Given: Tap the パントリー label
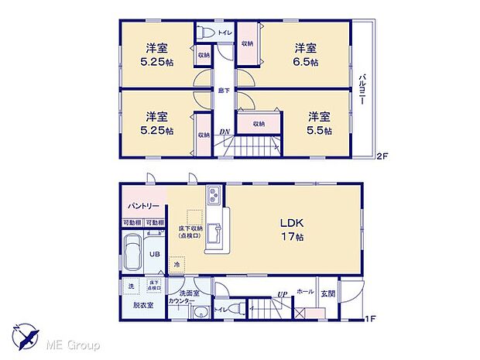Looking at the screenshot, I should pyautogui.click(x=142, y=207).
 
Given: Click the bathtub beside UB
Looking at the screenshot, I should pyautogui.click(x=132, y=253).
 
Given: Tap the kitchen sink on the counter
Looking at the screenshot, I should pyautogui.click(x=217, y=231).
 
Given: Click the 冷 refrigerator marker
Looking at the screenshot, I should pyautogui.click(x=177, y=266).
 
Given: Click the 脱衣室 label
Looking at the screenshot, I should pyautogui.click(x=139, y=305).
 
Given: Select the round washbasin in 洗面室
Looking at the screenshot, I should pyautogui.click(x=199, y=312).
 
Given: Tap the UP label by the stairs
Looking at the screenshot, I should pyautogui.click(x=283, y=294).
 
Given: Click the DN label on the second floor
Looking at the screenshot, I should pyautogui.click(x=224, y=132).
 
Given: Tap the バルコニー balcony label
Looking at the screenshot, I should pyautogui.click(x=362, y=91).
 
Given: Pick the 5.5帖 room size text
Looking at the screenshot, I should pyautogui.click(x=318, y=131).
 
